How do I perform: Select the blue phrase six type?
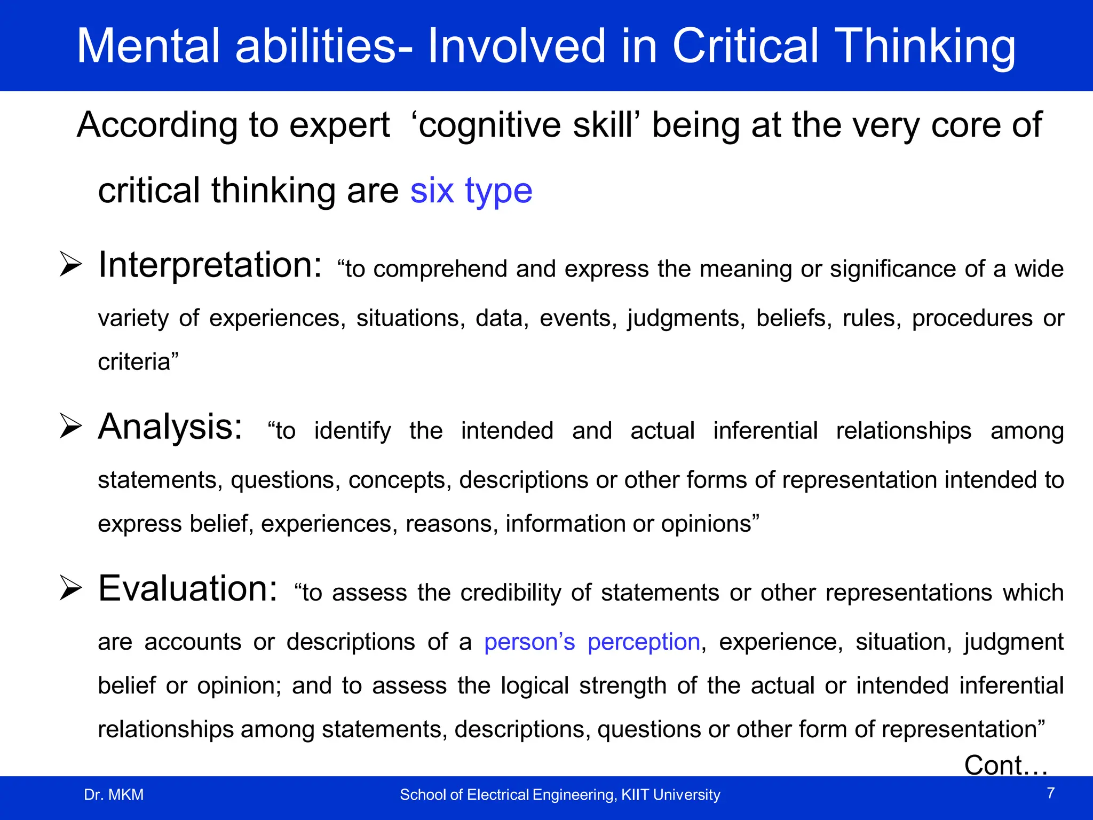[471, 191]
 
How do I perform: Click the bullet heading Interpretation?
[210, 265]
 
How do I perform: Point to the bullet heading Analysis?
[170, 427]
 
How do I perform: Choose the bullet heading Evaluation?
[188, 589]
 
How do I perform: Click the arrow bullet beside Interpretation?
[70, 264]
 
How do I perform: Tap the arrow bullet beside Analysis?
[70, 426]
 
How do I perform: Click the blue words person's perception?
[592, 642]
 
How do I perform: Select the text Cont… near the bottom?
[1005, 765]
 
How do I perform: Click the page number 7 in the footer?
[1050, 793]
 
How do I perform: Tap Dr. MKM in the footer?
[114, 795]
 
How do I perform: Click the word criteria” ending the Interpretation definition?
[138, 362]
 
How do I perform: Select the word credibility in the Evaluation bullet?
[510, 593]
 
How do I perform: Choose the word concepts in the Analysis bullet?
[397, 480]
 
